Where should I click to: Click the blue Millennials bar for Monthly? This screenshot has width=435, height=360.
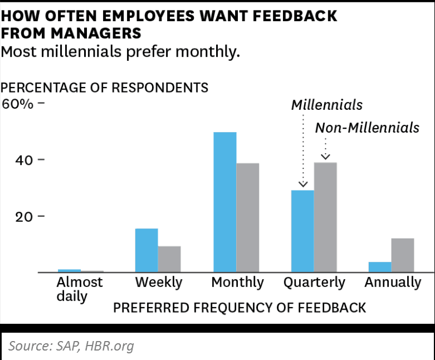pyautogui.click(x=224, y=202)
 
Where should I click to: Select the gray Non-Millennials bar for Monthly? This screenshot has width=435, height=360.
pyautogui.click(x=248, y=217)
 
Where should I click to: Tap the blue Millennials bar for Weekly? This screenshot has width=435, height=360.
pyautogui.click(x=146, y=250)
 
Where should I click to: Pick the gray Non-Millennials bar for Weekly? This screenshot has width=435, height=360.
pyautogui.click(x=169, y=259)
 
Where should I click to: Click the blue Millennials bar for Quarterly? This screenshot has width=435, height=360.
pyautogui.click(x=302, y=231)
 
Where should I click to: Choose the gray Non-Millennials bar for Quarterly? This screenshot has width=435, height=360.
pyautogui.click(x=325, y=217)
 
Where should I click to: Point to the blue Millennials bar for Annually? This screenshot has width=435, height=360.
pyautogui.click(x=380, y=267)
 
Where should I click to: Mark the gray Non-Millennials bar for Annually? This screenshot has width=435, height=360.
pyautogui.click(x=403, y=255)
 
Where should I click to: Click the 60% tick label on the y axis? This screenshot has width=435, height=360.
pyautogui.click(x=17, y=104)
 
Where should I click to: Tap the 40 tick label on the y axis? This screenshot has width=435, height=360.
pyautogui.click(x=24, y=160)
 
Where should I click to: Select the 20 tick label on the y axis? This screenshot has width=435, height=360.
pyautogui.click(x=24, y=217)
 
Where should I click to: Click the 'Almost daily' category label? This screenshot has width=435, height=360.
pyautogui.click(x=80, y=289)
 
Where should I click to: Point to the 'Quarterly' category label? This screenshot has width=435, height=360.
pyautogui.click(x=314, y=283)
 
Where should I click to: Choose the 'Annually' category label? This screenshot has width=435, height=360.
pyautogui.click(x=393, y=283)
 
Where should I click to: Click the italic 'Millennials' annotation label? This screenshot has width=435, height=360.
pyautogui.click(x=327, y=105)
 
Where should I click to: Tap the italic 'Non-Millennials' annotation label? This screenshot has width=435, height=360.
pyautogui.click(x=367, y=128)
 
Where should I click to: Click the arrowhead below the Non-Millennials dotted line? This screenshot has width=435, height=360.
pyautogui.click(x=325, y=157)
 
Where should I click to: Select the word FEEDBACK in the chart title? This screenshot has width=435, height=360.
pyautogui.click(x=295, y=16)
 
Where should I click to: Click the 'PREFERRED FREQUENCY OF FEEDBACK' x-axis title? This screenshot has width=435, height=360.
pyautogui.click(x=240, y=308)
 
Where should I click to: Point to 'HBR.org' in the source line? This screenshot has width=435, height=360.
pyautogui.click(x=110, y=346)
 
